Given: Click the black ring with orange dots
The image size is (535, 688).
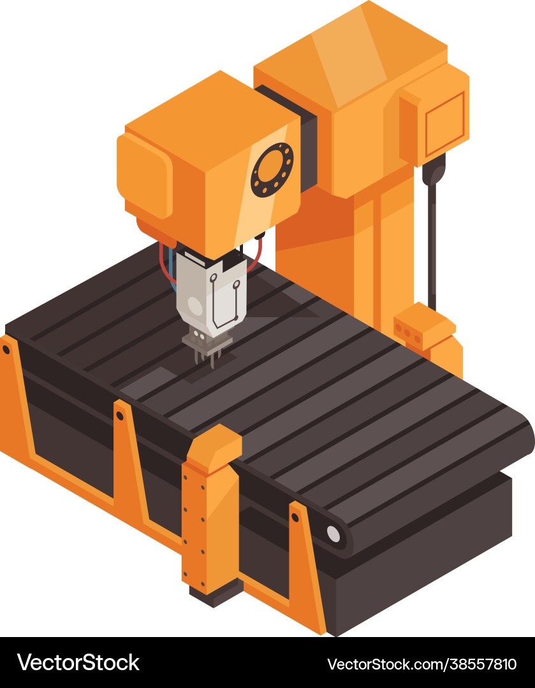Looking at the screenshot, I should click(272, 169).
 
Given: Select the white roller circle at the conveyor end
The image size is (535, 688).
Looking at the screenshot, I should click(333, 534).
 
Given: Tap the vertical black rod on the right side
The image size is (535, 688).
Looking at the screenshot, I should click(433, 242).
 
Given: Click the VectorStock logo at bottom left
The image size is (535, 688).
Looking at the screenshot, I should click(78, 663).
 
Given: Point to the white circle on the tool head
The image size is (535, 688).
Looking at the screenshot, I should click(195, 306).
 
